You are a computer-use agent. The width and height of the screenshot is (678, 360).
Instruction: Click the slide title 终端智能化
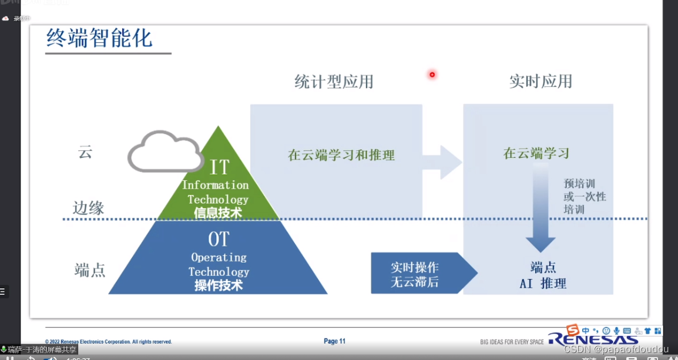pos(99,39)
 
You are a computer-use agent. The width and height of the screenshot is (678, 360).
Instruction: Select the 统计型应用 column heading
pos(334,82)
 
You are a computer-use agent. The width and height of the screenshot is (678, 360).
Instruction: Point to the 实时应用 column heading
pos(541,81)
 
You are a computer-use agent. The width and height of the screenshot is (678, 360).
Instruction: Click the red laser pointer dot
pos(432,75)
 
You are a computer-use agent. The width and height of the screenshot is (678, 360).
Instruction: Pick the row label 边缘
pos(89,208)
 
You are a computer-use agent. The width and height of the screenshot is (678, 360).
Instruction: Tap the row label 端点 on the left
pos(90,270)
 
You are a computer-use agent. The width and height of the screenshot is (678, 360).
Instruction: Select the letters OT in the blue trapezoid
pos(218,239)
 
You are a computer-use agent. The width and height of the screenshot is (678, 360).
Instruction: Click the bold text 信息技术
pos(218,213)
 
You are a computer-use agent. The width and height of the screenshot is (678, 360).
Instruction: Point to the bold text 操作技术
pos(218,286)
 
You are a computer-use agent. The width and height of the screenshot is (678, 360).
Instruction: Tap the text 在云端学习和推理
pos(341,156)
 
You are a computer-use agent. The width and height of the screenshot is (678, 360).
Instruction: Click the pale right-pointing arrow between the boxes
pos(442,162)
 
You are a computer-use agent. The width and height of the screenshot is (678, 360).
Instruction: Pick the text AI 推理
pos(543,284)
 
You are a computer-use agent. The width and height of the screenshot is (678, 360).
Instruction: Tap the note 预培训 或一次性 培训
pos(584,196)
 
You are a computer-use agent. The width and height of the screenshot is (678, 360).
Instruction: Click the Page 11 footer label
pos(334,341)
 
